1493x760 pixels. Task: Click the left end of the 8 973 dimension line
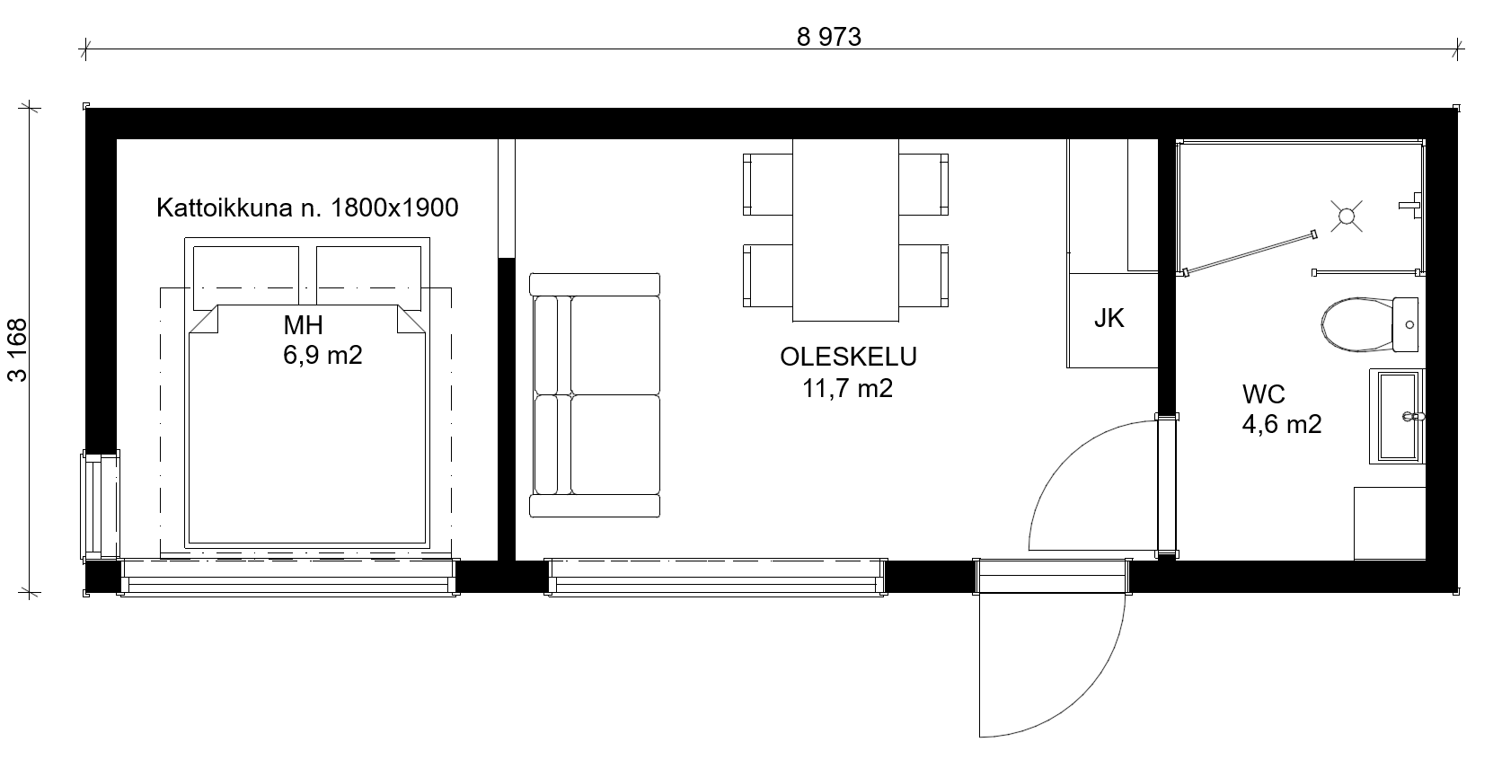tap(85, 49)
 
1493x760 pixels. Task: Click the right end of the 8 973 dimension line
tap(1457, 49)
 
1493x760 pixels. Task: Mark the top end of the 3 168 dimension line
tap(29, 108)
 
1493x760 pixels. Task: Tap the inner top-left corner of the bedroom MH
tap(118, 139)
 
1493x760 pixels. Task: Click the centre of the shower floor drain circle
tap(1347, 216)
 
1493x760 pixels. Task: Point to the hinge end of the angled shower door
tap(1187, 272)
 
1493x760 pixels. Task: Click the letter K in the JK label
tap(1118, 319)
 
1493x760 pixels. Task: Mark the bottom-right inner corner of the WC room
tap(1425, 560)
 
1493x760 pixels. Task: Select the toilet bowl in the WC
tap(1356, 324)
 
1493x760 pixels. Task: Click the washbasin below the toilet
tap(1398, 416)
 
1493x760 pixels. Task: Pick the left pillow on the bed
tap(246, 278)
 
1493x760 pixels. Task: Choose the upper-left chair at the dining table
tap(768, 185)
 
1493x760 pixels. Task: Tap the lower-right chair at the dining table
tap(923, 275)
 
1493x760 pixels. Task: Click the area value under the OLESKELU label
tap(847, 388)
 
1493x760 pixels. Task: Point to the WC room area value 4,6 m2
tap(1282, 424)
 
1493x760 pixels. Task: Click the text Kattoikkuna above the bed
tap(225, 208)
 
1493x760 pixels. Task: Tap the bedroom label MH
tap(304, 325)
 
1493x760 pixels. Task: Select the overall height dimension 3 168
tap(18, 350)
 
